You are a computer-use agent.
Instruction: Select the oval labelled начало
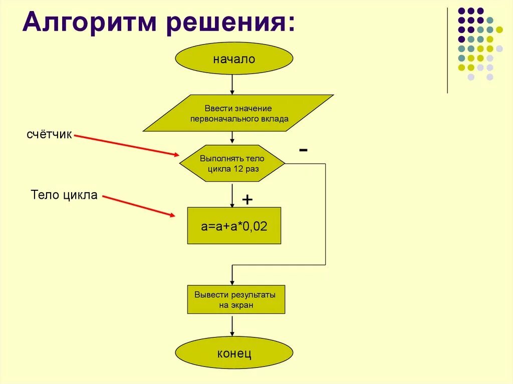point(233,59)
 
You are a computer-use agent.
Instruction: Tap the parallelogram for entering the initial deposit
point(238,113)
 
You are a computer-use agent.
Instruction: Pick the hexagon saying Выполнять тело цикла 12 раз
point(232,164)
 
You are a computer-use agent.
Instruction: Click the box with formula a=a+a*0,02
point(234,226)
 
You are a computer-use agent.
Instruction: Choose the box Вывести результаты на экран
point(236,299)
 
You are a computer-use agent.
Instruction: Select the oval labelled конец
point(233,353)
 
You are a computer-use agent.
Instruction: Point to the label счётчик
point(50,135)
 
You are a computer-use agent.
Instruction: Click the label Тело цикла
point(64,195)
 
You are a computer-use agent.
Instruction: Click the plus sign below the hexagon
point(247,200)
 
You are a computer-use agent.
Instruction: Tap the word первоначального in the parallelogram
point(217,120)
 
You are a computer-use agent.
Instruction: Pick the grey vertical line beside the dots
point(447,50)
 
